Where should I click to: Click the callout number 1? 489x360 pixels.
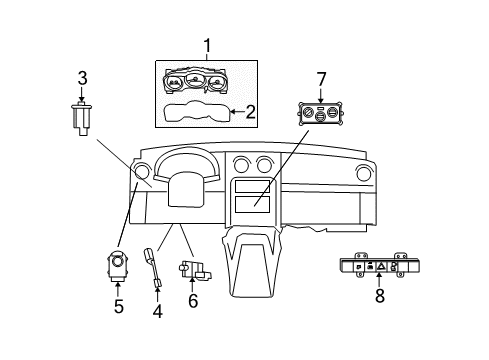(x=207, y=46)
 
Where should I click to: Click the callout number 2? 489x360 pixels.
(x=251, y=112)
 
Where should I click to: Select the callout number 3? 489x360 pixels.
(x=83, y=76)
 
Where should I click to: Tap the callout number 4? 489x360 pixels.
(x=157, y=310)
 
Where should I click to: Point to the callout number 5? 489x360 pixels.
(x=118, y=307)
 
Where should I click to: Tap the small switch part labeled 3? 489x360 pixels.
(x=83, y=116)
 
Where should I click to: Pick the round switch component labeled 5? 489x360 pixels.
(x=118, y=266)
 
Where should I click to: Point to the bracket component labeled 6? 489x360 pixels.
(x=193, y=270)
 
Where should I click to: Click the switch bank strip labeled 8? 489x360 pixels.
(x=376, y=266)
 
